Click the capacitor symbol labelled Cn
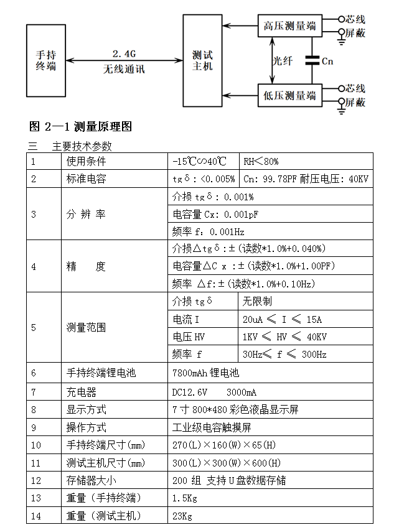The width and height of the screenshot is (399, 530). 312,61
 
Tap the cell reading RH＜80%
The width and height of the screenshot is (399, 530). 261,161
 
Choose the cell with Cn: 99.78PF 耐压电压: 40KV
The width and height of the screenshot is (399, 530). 306,179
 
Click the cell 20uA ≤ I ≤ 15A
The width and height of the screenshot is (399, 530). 282,320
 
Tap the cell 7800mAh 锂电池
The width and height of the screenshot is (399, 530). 205,373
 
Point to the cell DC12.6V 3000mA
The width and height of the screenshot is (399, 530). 214,392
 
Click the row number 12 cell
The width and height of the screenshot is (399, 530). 35,480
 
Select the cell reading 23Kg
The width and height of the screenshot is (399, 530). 182,516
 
